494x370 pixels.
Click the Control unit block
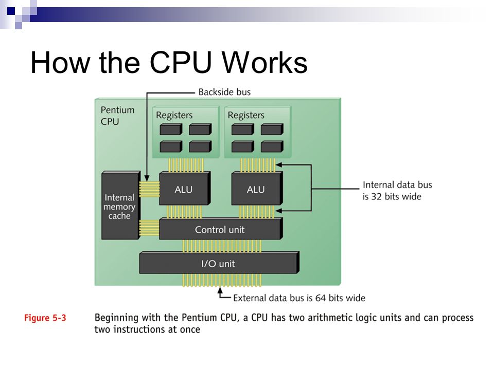point(221,229)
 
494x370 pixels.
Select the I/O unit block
point(219,263)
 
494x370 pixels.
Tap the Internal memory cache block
point(120,205)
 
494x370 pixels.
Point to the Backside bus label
point(224,92)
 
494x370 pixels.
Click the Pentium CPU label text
point(117,116)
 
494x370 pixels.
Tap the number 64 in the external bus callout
point(321,298)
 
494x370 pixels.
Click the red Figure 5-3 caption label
point(45,318)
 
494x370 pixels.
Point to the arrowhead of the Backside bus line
point(147,178)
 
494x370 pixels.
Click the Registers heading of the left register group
point(174,116)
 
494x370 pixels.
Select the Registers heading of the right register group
point(246,116)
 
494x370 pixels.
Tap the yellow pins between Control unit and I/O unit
point(222,246)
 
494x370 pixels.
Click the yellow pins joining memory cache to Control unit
point(149,228)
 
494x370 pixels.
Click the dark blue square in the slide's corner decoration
point(11,11)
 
